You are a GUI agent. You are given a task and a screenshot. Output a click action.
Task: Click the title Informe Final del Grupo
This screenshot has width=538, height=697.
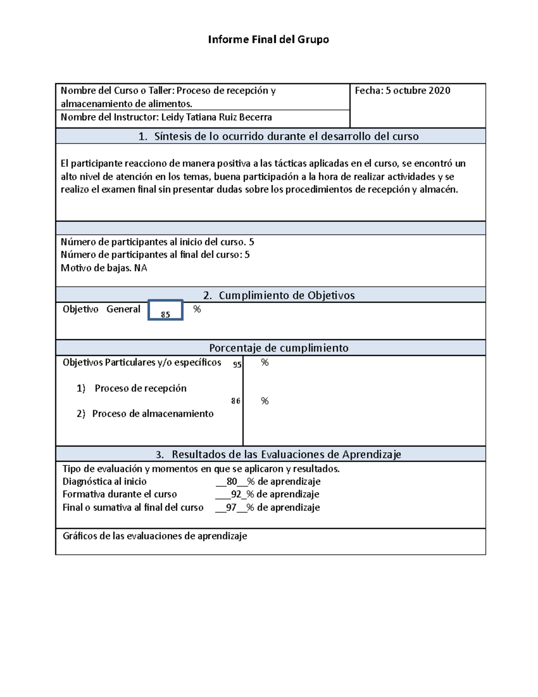click(x=268, y=39)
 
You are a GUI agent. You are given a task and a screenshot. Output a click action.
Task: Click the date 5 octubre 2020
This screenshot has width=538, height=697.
click(x=418, y=91)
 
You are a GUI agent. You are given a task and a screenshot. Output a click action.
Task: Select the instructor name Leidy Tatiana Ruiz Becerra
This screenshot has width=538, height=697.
click(x=216, y=118)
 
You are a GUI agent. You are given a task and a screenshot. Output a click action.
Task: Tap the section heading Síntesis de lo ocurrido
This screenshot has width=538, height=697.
click(x=278, y=136)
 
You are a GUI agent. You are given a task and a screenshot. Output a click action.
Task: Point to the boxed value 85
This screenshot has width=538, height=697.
click(x=165, y=314)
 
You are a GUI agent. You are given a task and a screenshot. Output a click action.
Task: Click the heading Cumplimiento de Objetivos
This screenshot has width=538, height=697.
click(x=278, y=295)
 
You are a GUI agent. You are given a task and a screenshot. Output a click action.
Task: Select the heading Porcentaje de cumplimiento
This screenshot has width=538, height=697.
click(x=278, y=348)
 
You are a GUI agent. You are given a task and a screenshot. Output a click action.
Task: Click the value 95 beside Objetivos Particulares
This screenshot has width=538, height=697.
click(x=237, y=364)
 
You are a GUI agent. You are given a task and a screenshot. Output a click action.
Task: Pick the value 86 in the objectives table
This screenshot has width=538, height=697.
click(x=236, y=401)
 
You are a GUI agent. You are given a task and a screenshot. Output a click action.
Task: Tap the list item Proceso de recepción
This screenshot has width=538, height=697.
click(x=140, y=388)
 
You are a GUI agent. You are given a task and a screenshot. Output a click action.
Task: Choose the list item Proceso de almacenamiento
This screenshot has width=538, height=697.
click(x=152, y=414)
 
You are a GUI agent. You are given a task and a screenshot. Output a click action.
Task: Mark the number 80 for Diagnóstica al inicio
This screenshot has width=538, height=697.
click(x=232, y=482)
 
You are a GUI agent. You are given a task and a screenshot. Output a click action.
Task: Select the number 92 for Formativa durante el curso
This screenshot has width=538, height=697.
click(x=236, y=494)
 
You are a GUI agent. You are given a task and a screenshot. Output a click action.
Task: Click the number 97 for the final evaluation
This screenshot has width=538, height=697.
click(x=231, y=508)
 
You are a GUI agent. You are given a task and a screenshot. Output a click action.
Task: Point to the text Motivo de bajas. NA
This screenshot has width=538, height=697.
click(x=104, y=268)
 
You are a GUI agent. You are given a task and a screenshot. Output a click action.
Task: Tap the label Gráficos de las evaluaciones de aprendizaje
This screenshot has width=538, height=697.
click(x=155, y=536)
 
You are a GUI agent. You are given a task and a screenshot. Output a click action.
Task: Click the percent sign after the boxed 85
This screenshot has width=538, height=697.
click(x=197, y=309)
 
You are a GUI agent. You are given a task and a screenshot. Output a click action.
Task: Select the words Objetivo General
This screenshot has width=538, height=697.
click(x=101, y=309)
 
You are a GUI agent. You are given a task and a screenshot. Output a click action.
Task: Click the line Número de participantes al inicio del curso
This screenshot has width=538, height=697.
click(x=157, y=242)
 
